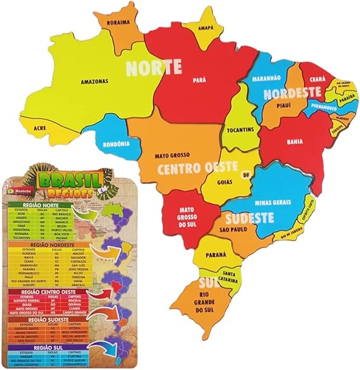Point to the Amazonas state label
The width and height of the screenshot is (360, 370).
94,81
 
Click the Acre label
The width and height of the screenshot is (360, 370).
40,127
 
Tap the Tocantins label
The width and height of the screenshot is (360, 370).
239,130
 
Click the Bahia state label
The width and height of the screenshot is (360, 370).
294,142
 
